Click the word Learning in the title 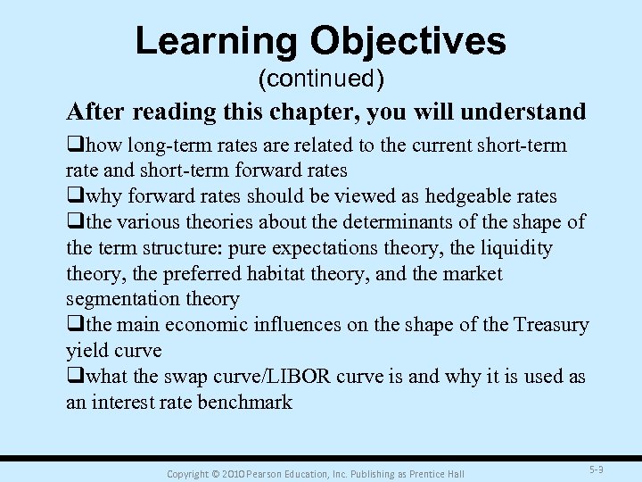(215, 41)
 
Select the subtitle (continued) (321, 79)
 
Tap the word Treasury (551, 325)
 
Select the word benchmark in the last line (246, 403)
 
